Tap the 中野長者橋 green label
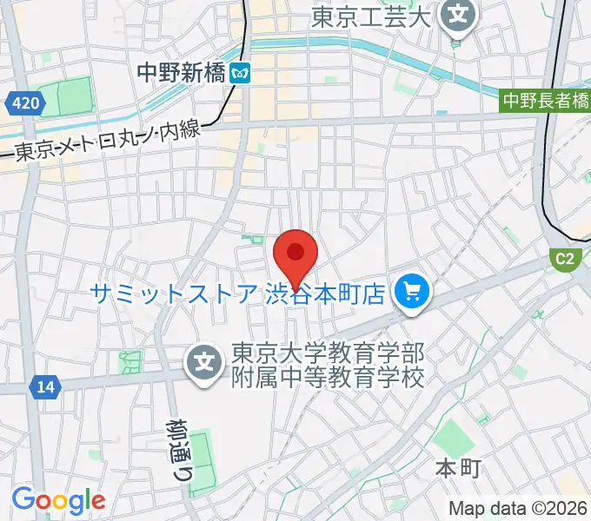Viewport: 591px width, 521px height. (x=547, y=102)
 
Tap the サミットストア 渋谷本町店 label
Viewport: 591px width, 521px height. (x=236, y=294)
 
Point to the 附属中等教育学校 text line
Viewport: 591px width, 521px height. (x=326, y=379)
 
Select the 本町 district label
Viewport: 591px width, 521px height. (x=457, y=470)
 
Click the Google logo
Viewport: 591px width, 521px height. (x=58, y=500)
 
